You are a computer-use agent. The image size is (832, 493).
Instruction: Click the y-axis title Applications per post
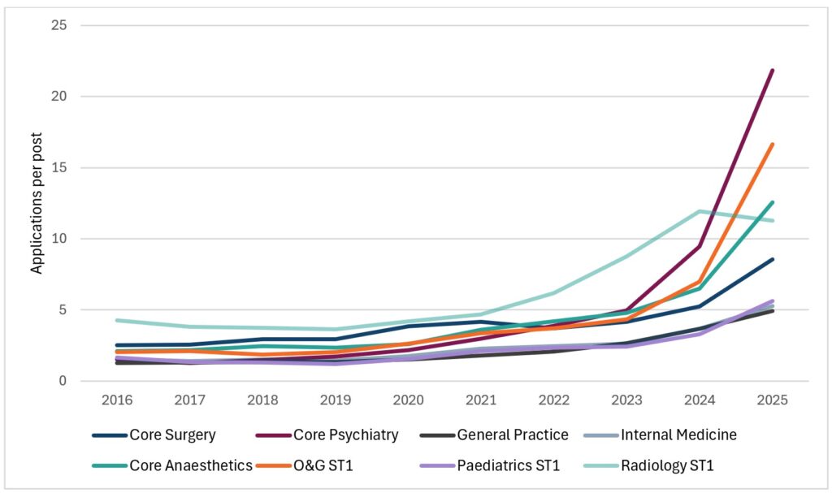tap(37, 203)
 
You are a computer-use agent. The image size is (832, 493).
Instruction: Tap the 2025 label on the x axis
tap(772, 400)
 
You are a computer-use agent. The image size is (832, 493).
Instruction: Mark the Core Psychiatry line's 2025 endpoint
tap(772, 71)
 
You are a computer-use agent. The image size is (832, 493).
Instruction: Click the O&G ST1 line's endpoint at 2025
tap(772, 145)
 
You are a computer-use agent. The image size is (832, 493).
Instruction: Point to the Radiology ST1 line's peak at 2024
tap(700, 211)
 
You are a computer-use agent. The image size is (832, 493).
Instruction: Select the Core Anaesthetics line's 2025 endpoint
tap(772, 202)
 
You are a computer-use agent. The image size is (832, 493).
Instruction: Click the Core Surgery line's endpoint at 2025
tap(772, 259)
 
